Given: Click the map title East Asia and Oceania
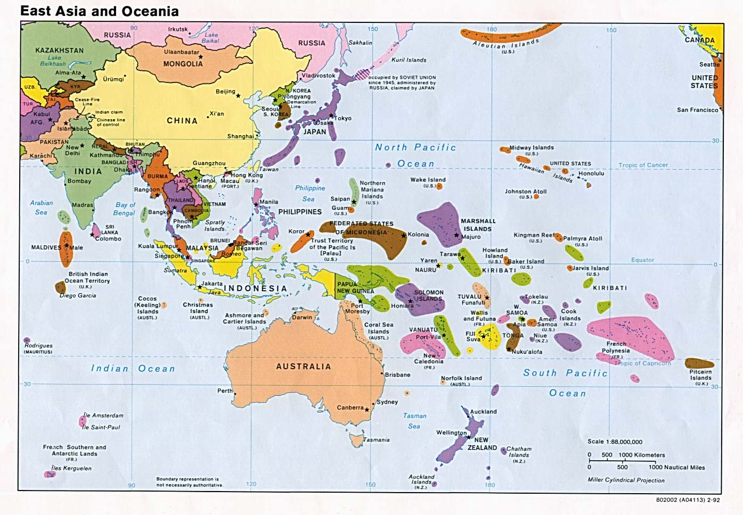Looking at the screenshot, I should coord(100,11).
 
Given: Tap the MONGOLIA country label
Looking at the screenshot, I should coord(183,64).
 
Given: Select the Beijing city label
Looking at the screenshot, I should coord(225,92).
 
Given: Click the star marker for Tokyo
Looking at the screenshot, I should coord(331,115).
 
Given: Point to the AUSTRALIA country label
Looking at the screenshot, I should coord(303,367).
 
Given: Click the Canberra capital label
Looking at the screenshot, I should coord(350,408).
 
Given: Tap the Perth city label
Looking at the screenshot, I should coord(225,391).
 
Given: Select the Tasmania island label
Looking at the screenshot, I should coord(377,440).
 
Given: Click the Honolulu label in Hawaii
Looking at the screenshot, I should coord(591,173).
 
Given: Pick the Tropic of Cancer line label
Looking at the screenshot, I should coord(643,165).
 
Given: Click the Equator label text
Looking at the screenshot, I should coord(642,260).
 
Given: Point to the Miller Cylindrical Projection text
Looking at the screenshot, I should coord(626,480).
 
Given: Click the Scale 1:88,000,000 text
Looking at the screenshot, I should coord(615,442).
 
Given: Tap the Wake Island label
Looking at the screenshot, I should coord(428,180).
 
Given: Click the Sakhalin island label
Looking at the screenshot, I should coord(360,43).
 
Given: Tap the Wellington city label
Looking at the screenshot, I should coord(451,433).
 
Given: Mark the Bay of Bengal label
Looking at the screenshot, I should coord(125,209).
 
